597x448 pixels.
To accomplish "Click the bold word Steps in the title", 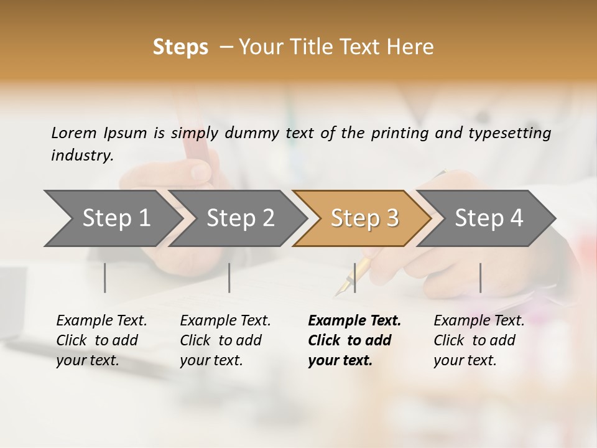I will click(x=180, y=47).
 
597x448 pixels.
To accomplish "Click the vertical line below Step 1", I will click(x=105, y=278).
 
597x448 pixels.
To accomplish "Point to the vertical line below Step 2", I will click(x=229, y=278).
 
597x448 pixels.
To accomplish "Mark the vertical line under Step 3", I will click(x=354, y=278).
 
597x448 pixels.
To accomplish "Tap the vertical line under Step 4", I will click(x=480, y=278).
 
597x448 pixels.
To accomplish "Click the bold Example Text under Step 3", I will click(x=354, y=321).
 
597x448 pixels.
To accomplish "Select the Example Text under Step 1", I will click(x=101, y=321).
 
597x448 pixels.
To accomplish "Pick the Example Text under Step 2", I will click(x=225, y=321).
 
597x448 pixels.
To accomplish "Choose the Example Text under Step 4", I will click(x=479, y=321).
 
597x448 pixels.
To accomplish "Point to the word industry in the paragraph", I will click(x=82, y=156).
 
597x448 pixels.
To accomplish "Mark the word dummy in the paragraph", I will click(x=253, y=133).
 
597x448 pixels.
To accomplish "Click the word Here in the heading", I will click(x=410, y=47).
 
